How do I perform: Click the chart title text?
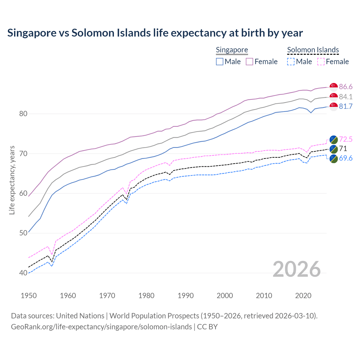click(155, 33)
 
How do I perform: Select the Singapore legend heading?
click(232, 50)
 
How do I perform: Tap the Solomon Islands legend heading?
click(313, 50)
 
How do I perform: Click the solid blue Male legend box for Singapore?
click(220, 62)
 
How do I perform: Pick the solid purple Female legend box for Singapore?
click(249, 62)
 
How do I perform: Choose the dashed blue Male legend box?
click(291, 62)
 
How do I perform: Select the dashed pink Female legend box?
click(321, 62)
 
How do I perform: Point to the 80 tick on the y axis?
click(23, 114)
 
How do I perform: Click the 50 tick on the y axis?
click(23, 233)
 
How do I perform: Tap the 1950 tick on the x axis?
click(29, 296)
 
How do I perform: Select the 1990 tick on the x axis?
click(186, 296)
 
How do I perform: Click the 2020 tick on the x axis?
click(303, 296)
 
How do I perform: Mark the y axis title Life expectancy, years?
click(12, 180)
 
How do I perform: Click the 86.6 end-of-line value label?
click(346, 87)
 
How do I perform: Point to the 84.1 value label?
click(346, 97)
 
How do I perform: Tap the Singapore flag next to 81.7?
click(334, 107)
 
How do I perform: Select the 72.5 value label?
click(346, 139)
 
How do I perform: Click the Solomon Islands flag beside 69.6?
click(334, 159)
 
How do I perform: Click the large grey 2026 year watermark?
click(297, 269)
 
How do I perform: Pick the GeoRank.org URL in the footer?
click(101, 327)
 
